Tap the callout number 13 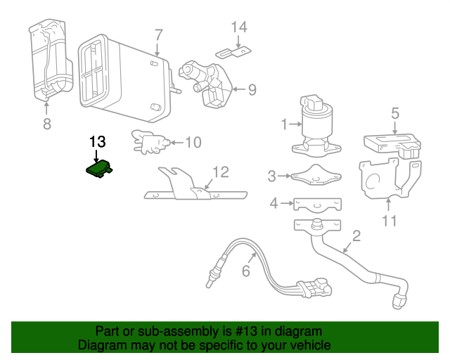97,141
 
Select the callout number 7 158,34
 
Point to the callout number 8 47,124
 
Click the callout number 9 251,89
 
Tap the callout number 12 220,171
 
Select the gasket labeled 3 314,176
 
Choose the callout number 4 274,204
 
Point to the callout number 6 246,271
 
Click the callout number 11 389,221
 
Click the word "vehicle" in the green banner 308,345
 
